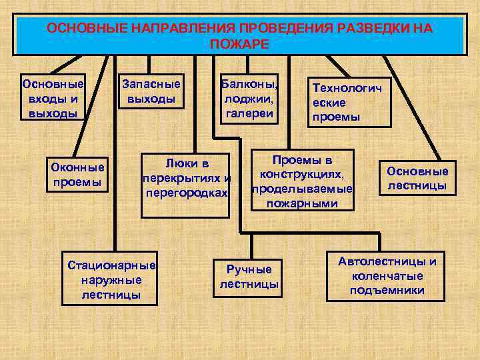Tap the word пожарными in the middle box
tap(303, 203)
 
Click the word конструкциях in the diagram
tap(303, 175)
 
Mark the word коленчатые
tap(387, 276)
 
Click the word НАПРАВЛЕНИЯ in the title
tap(177, 29)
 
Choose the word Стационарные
tap(111, 265)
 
